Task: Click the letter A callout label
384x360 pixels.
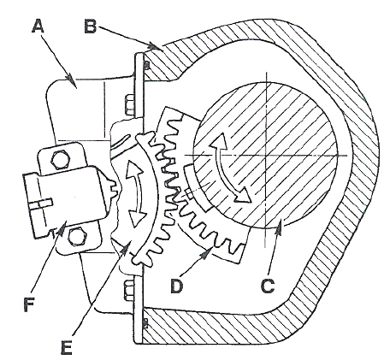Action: [38, 27]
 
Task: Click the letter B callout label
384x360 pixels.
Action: [91, 27]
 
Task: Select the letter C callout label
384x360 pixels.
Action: [268, 286]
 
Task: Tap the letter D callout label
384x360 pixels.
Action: [176, 286]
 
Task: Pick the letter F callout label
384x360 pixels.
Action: [29, 304]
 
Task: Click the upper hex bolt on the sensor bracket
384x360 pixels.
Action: [60, 160]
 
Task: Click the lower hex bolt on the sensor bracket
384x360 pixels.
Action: [77, 237]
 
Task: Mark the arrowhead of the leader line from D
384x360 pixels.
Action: [208, 252]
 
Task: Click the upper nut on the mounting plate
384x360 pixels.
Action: [130, 105]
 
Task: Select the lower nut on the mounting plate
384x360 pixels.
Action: [130, 291]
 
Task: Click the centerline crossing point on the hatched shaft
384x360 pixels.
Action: [266, 156]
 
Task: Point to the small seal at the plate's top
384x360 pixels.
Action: [146, 66]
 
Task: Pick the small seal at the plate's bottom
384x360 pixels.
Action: [145, 323]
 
